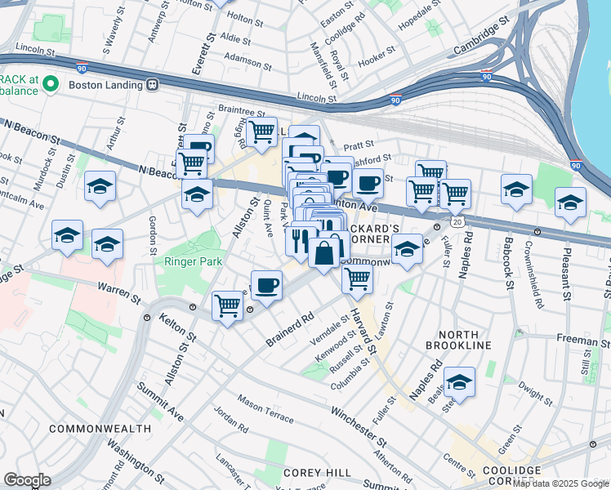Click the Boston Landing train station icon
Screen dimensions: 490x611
click(x=152, y=84)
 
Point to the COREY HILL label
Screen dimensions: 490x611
click(x=317, y=473)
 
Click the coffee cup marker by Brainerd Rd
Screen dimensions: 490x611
click(x=267, y=286)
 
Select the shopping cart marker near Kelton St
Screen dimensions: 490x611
click(x=228, y=306)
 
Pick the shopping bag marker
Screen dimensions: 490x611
click(x=324, y=253)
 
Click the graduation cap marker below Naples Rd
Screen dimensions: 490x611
click(x=459, y=381)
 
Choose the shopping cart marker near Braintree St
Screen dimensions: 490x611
click(x=262, y=131)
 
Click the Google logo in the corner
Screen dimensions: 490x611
click(x=27, y=480)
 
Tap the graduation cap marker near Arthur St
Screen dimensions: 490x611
click(x=100, y=187)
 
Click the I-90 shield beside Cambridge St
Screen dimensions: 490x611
click(x=486, y=77)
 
